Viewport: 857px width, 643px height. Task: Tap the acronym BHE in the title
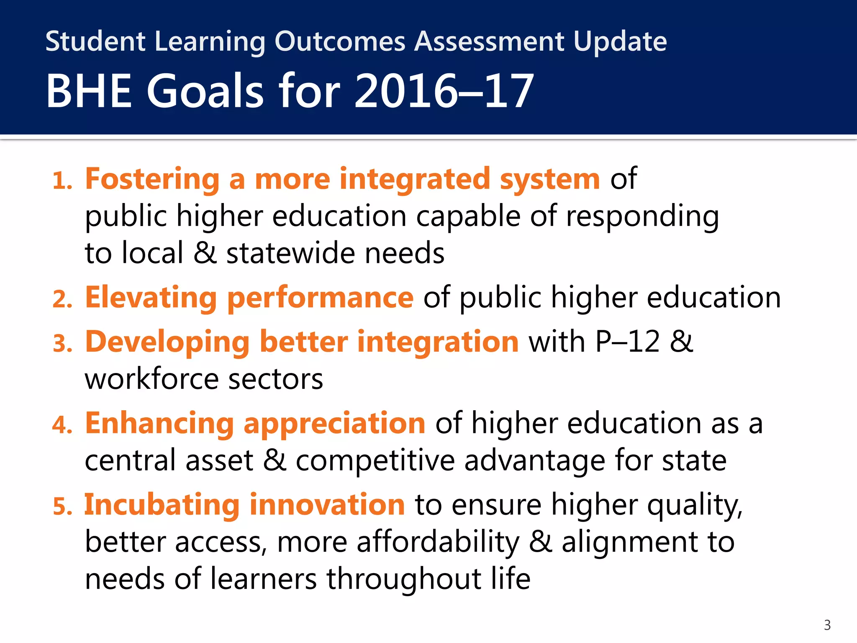[x=89, y=91]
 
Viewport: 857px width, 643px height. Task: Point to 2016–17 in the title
[x=444, y=91]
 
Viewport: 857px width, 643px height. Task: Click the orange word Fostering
[x=152, y=179]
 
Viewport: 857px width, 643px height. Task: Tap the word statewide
[x=290, y=253]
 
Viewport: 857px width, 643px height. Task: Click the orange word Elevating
[x=151, y=298]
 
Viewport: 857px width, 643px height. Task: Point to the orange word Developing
[x=167, y=342]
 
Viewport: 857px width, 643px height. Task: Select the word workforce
[x=151, y=379]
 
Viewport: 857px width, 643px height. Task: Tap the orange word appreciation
[x=334, y=423]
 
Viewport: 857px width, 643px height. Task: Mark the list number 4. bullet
[x=62, y=425]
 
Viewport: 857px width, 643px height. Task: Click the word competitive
[x=375, y=460]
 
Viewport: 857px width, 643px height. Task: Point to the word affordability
[x=438, y=542]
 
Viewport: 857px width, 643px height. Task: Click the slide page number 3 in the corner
[x=827, y=625]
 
